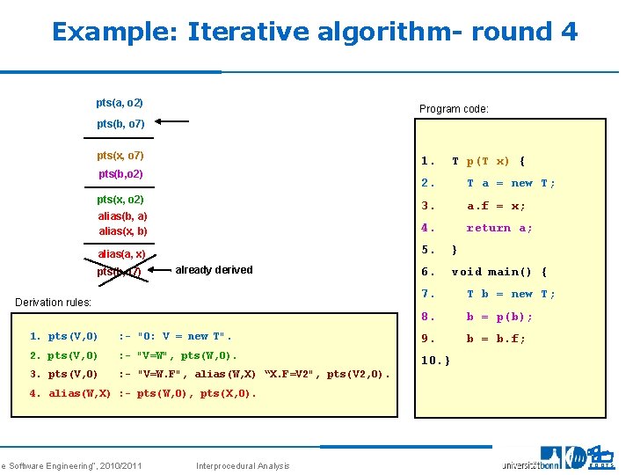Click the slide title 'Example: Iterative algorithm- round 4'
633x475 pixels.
coord(315,33)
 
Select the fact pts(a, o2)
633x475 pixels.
coord(120,103)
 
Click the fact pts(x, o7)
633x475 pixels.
coord(120,156)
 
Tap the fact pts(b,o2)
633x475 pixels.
coord(120,174)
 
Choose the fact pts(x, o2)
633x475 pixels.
coord(120,200)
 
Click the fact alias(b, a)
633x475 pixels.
coord(122,216)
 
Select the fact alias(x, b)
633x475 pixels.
coord(122,231)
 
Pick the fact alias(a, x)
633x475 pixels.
coord(121,254)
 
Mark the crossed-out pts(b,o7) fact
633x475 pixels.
coord(120,272)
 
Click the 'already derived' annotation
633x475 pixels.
coord(214,270)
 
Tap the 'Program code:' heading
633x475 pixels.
coord(454,109)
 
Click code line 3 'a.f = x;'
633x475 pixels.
coord(496,206)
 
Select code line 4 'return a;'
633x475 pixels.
coord(499,228)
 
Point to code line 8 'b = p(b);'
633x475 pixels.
coord(498,317)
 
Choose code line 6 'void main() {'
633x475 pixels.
coord(498,272)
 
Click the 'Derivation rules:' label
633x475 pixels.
coord(54,303)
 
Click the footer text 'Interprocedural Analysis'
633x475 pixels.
coord(242,465)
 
